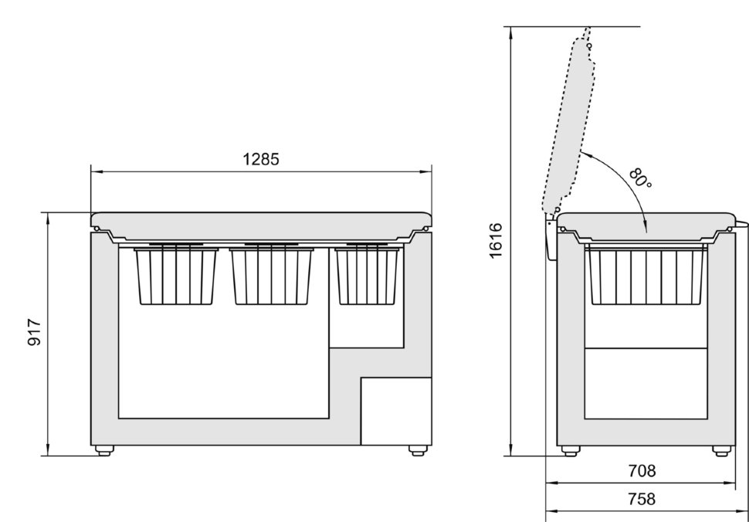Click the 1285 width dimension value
tap(261, 159)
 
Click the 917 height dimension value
tap(35, 332)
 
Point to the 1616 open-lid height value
tap(496, 241)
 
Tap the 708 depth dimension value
tap(642, 471)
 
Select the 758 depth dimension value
tap(642, 499)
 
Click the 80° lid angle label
tap(641, 178)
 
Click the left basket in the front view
tap(176, 276)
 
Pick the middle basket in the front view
tap(271, 276)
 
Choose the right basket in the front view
tap(368, 276)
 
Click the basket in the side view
tap(646, 276)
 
